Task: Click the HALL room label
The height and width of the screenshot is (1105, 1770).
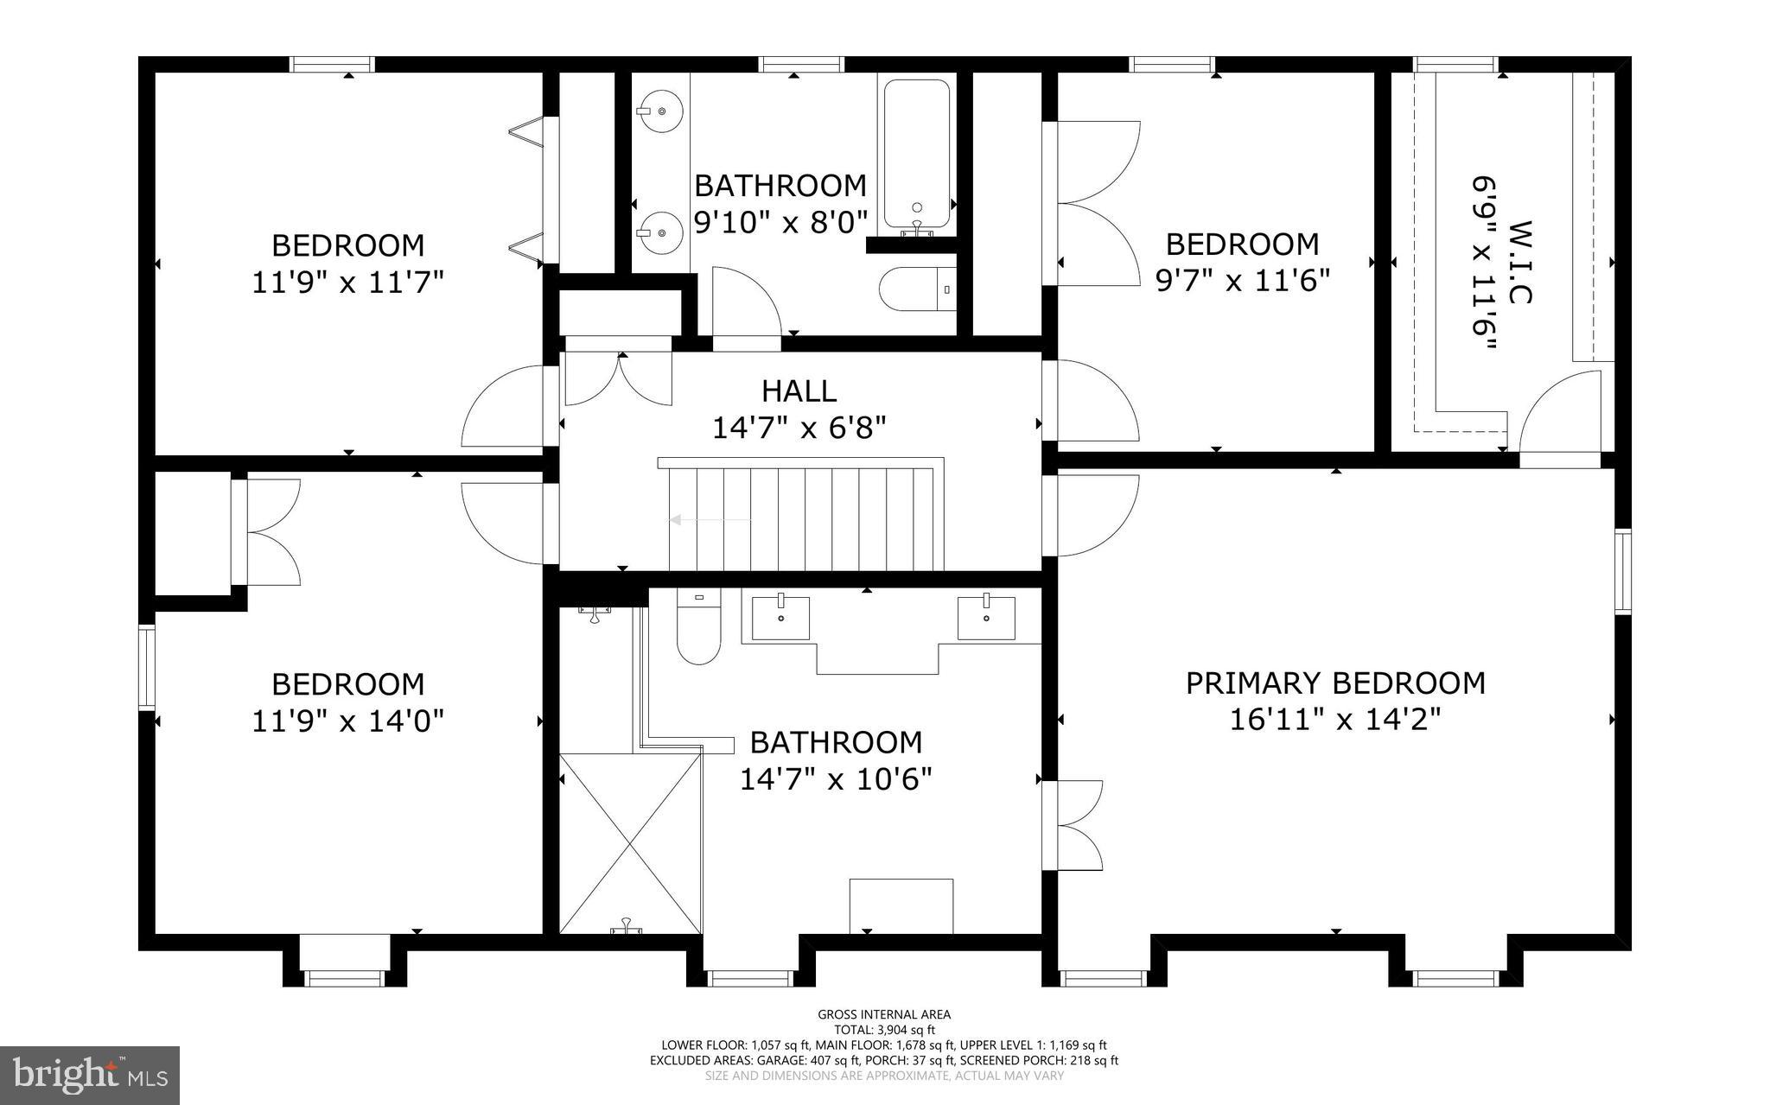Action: (x=799, y=391)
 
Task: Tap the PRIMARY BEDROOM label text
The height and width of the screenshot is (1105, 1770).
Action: (x=1335, y=683)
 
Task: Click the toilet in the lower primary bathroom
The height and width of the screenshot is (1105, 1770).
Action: (x=698, y=631)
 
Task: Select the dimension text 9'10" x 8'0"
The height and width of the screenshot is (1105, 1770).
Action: (x=780, y=222)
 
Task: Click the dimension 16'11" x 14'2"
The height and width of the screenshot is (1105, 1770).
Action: (x=1335, y=720)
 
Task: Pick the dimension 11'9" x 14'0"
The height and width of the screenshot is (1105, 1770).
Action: (x=347, y=721)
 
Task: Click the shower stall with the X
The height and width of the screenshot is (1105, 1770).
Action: (x=630, y=842)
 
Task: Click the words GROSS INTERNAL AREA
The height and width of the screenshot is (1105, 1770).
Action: (x=884, y=1014)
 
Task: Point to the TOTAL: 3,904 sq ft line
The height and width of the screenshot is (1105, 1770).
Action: (x=884, y=1030)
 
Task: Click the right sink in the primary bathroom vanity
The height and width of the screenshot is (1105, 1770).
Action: (x=986, y=618)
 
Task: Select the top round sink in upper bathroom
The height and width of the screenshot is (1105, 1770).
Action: (x=661, y=112)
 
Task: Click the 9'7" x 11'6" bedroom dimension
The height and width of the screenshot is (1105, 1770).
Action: (x=1242, y=281)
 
